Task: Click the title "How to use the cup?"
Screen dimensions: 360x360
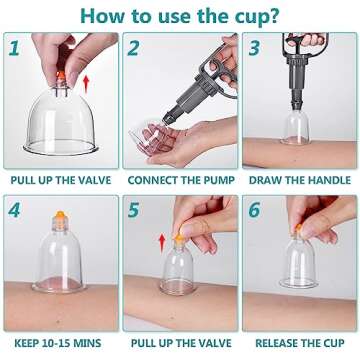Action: tap(180, 15)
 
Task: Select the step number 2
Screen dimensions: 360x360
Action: tap(134, 47)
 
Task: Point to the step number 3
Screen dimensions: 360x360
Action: tap(254, 47)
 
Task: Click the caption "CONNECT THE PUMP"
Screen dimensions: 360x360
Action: tap(180, 184)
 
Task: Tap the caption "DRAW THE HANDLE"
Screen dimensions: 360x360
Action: tap(299, 184)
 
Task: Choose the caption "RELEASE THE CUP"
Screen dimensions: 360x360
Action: tap(299, 345)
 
